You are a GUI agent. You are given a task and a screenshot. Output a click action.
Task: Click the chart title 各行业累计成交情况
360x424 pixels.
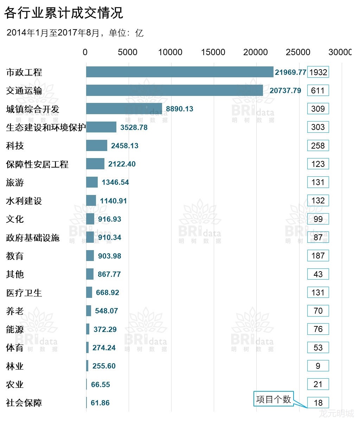point(64,13)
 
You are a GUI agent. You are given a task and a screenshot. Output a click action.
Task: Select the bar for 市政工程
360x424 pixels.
point(179,72)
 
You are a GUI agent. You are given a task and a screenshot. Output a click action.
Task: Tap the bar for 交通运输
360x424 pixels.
point(174,90)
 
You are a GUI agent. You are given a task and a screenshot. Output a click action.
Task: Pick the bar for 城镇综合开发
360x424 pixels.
point(124,109)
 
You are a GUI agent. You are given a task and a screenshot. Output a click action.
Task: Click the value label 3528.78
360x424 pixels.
point(134,127)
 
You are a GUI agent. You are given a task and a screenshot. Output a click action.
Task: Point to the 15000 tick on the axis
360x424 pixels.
point(213,52)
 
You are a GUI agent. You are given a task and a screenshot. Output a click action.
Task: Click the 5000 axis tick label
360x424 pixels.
point(127,52)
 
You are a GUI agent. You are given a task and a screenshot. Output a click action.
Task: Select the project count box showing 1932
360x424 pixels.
point(318,72)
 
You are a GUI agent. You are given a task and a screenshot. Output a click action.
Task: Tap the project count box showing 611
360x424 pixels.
point(318,90)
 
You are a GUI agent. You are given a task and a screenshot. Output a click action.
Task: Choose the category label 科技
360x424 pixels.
point(15,145)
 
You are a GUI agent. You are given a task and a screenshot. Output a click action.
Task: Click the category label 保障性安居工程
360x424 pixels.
point(37,164)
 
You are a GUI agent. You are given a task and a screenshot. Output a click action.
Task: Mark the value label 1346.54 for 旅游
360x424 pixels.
point(115,182)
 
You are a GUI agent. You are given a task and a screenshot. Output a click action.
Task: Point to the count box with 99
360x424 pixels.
point(318,219)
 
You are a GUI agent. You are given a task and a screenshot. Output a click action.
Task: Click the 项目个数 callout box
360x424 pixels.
point(274,399)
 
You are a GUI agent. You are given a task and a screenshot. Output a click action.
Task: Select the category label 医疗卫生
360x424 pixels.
point(24,293)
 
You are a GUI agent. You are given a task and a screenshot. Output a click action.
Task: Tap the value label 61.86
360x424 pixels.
point(100,403)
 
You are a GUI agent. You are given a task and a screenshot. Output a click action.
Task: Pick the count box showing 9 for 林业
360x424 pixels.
point(318,366)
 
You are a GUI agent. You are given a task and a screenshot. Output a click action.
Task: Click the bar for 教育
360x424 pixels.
point(90,256)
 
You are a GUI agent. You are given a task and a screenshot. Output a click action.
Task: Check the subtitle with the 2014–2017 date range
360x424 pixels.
point(75,33)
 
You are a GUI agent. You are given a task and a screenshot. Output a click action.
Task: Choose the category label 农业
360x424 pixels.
point(15,384)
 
